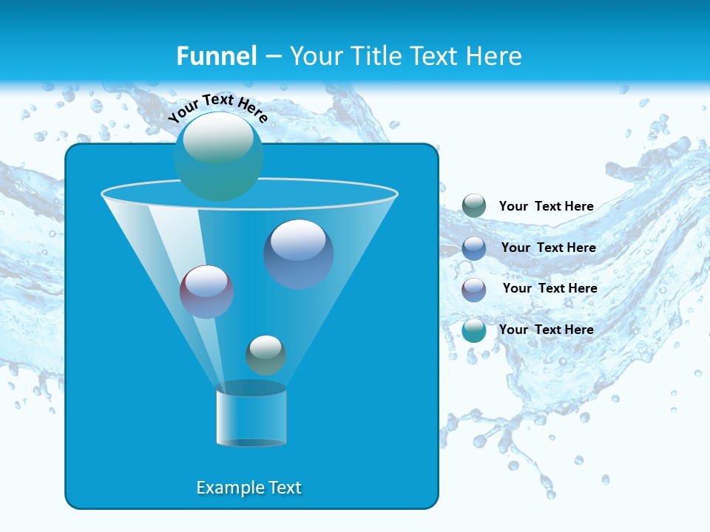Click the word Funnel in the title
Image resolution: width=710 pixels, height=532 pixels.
pos(216,56)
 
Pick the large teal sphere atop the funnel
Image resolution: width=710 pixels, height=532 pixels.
pos(219,157)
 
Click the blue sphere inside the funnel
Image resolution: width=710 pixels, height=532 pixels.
pos(299,254)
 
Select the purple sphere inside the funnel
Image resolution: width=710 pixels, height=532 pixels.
pos(207,292)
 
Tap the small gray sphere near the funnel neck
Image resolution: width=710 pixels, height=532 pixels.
pos(266,355)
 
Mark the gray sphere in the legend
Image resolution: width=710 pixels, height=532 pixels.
pos(474,206)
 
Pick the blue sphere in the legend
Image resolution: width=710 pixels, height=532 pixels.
pos(474,248)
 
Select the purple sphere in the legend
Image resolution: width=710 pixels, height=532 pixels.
pos(474,289)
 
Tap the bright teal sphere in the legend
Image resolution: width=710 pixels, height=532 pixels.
pos(474,330)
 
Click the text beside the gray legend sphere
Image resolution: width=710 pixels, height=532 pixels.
pos(547,206)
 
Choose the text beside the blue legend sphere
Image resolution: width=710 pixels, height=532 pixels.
pos(548,248)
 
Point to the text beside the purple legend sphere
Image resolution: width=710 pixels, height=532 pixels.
pos(550,288)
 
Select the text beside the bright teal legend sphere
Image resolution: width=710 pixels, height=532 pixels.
pos(547,330)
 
